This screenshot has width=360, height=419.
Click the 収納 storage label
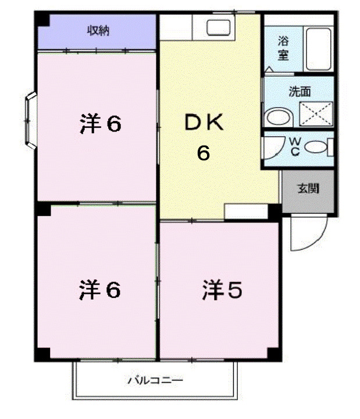pos(98,31)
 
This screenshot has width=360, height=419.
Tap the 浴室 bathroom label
pos(284,49)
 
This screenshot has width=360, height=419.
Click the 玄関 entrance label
pos(308,189)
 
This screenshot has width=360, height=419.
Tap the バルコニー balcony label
pos(155,381)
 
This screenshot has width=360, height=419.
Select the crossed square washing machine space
pos(315,113)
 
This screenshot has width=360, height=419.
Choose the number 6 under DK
pos(203,154)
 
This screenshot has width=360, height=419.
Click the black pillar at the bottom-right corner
pos(273,353)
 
